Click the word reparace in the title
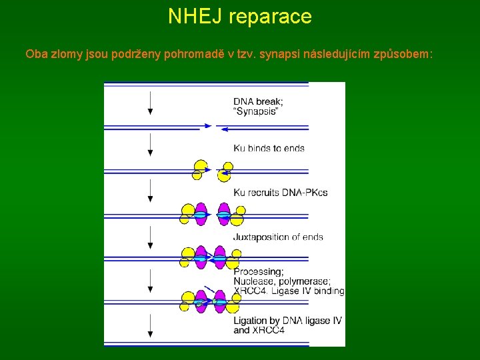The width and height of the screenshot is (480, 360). pyautogui.click(x=270, y=16)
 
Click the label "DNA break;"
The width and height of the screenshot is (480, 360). pyautogui.click(x=258, y=101)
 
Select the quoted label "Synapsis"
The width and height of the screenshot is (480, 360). pyautogui.click(x=256, y=111)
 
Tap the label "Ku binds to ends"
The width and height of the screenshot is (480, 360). pyautogui.click(x=269, y=148)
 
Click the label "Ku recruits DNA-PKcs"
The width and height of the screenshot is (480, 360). pyautogui.click(x=281, y=193)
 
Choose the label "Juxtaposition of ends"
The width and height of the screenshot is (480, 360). pyautogui.click(x=279, y=237)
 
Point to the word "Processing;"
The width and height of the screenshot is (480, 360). pyautogui.click(x=259, y=272)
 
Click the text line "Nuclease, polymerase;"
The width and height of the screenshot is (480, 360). pyautogui.click(x=282, y=281)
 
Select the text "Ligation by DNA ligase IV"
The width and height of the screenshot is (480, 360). pyautogui.click(x=287, y=321)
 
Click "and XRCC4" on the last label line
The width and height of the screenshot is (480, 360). pyautogui.click(x=259, y=330)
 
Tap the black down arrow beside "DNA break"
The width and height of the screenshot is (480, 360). pyautogui.click(x=151, y=103)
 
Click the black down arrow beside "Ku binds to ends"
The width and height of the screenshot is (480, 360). pyautogui.click(x=151, y=145)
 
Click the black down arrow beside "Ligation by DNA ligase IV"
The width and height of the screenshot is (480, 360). pyautogui.click(x=151, y=325)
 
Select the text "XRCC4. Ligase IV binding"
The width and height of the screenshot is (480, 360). pyautogui.click(x=289, y=291)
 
